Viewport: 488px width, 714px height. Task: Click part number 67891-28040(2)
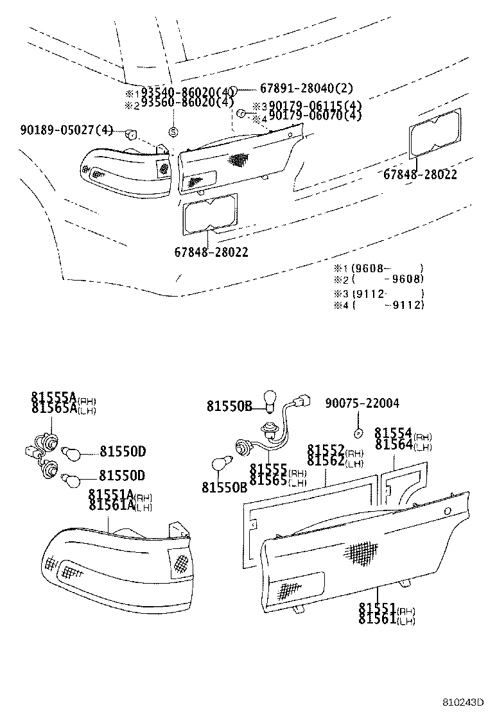[306, 89]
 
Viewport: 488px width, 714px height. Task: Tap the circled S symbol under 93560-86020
[173, 131]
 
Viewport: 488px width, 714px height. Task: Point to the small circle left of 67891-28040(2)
[234, 89]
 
